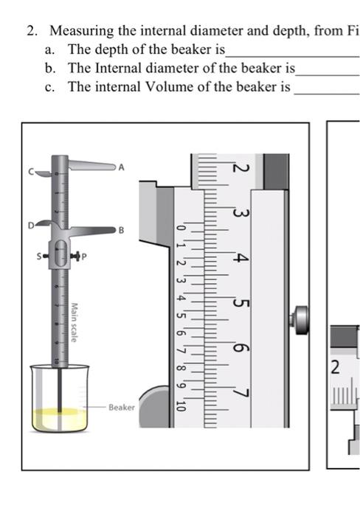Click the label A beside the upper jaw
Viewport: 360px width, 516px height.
(122, 167)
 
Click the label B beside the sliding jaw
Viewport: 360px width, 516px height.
(122, 230)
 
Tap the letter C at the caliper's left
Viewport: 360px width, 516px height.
(31, 172)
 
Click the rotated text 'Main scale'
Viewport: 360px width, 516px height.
(75, 322)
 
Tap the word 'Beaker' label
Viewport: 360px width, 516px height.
(122, 407)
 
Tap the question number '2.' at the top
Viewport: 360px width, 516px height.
(32, 31)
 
